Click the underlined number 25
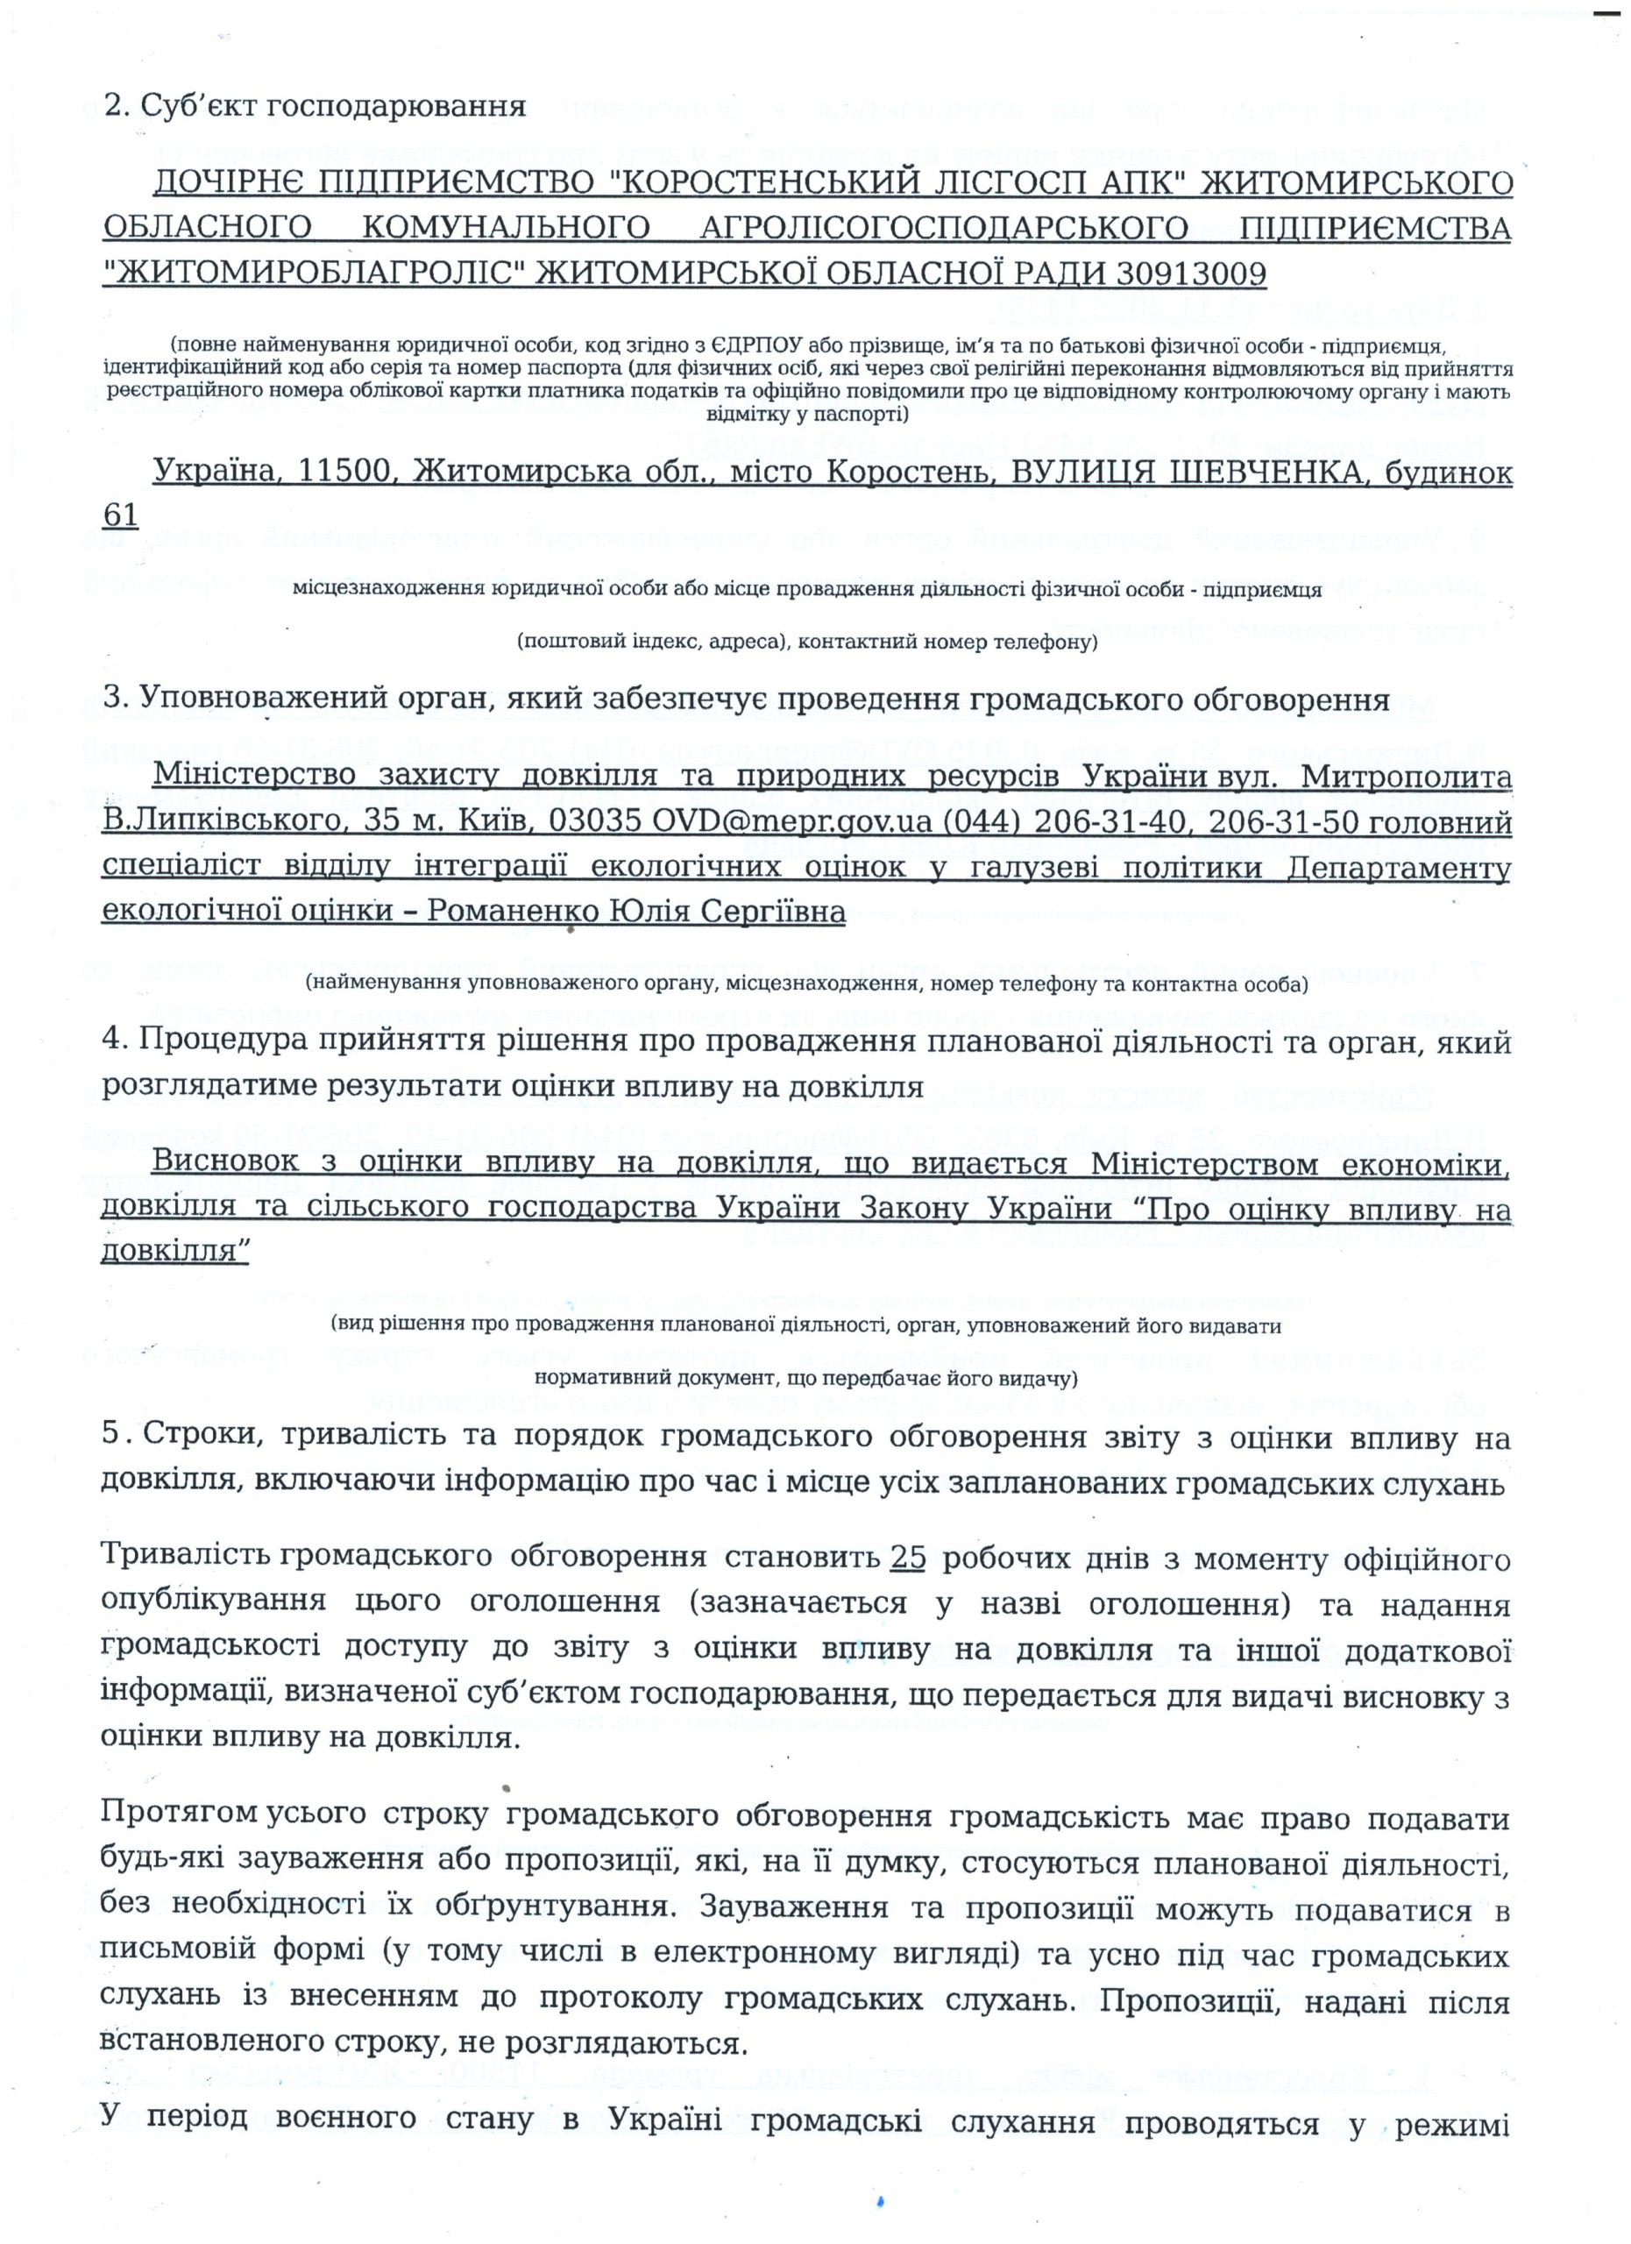point(907,1558)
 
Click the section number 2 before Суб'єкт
point(112,106)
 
